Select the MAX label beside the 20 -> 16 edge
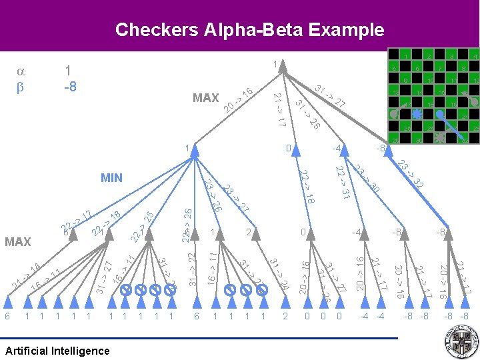point(205,98)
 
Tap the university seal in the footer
point(461,343)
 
